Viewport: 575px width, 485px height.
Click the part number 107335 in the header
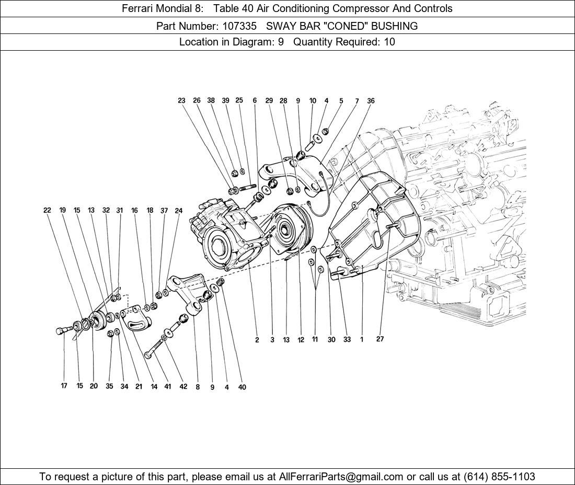click(x=235, y=26)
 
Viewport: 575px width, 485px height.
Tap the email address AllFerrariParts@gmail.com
click(x=341, y=477)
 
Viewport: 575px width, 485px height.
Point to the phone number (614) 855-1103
click(x=499, y=477)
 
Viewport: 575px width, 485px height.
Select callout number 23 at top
click(x=181, y=101)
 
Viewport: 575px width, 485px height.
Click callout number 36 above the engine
click(x=371, y=101)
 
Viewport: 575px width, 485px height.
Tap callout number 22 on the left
click(x=47, y=211)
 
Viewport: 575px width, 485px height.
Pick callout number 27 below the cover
click(x=380, y=339)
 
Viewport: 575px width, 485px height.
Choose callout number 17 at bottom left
click(x=64, y=386)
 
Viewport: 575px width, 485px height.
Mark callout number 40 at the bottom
click(x=242, y=387)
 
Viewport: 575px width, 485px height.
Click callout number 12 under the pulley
click(x=301, y=340)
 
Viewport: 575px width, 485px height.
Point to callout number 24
click(x=179, y=211)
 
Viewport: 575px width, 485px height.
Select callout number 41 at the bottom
click(x=167, y=387)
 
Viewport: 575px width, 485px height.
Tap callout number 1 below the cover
click(x=362, y=340)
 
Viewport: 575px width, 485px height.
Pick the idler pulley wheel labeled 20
click(x=97, y=319)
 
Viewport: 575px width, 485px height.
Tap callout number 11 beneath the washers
click(x=315, y=340)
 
